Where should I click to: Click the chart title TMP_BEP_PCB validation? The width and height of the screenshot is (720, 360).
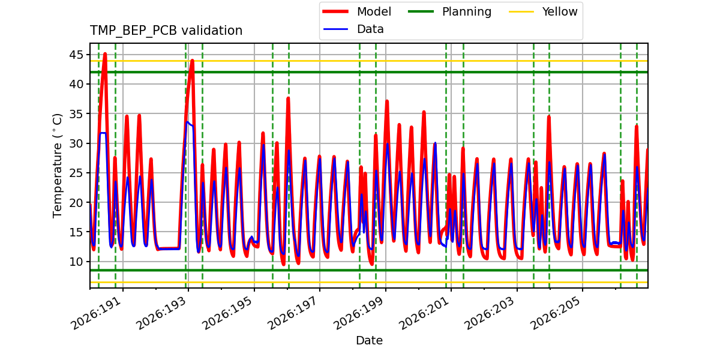click(166, 31)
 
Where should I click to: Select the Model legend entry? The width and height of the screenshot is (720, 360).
click(357, 12)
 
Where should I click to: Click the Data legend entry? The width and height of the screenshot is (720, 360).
click(353, 29)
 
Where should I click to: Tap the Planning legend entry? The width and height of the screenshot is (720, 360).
click(449, 12)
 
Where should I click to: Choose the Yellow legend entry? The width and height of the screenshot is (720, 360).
click(543, 12)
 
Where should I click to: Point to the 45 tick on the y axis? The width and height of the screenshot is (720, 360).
click(76, 55)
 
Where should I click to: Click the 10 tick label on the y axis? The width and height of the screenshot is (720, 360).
click(76, 262)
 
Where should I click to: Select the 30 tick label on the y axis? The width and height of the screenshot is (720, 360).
click(76, 143)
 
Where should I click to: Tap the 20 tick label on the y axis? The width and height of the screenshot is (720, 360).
click(76, 203)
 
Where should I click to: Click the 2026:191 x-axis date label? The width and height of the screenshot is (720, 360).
click(97, 313)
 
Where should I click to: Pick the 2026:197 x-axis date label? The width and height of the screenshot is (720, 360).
click(293, 313)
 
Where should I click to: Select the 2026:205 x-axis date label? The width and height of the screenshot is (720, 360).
click(556, 313)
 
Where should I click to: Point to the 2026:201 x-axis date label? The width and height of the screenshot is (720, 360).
click(425, 313)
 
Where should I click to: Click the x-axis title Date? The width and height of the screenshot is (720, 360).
click(369, 340)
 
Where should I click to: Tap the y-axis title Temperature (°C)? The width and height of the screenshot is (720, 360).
click(57, 166)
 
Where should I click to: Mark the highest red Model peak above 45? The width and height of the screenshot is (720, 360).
click(105, 54)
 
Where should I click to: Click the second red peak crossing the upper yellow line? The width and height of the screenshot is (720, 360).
click(192, 60)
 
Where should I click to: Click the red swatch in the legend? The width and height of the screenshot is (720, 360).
click(335, 11)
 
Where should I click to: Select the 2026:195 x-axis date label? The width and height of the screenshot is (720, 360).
click(227, 313)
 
